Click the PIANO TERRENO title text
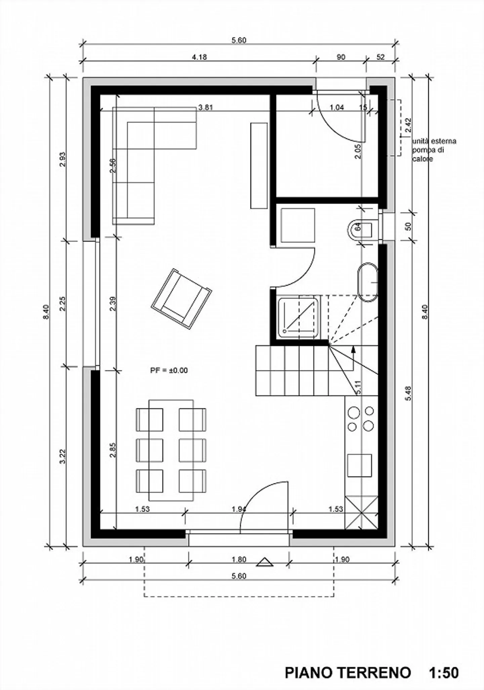click(x=348, y=654)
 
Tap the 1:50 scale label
click(x=444, y=654)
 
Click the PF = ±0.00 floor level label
click(x=169, y=370)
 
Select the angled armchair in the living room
click(x=181, y=299)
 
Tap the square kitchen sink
click(x=360, y=465)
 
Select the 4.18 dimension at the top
click(x=199, y=57)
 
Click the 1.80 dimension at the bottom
click(x=239, y=560)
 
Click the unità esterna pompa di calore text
click(x=434, y=150)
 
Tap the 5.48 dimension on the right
click(x=409, y=393)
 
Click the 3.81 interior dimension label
click(x=205, y=108)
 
